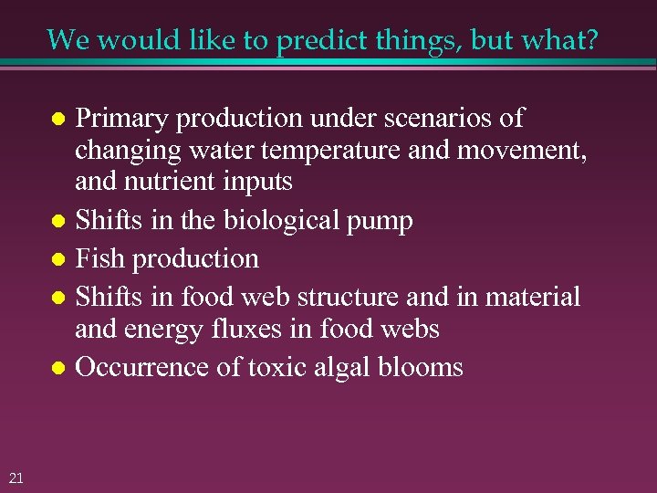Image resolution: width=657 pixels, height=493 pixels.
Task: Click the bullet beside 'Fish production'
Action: [x=57, y=260]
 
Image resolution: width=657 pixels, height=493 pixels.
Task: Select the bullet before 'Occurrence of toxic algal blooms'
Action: [x=57, y=369]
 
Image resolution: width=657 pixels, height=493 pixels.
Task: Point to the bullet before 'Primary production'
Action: [x=57, y=120]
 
